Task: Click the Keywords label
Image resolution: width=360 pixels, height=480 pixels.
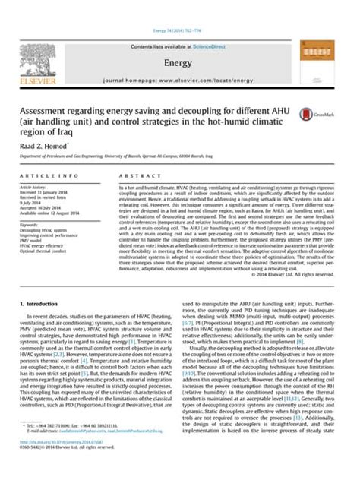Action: (x=31, y=226)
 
